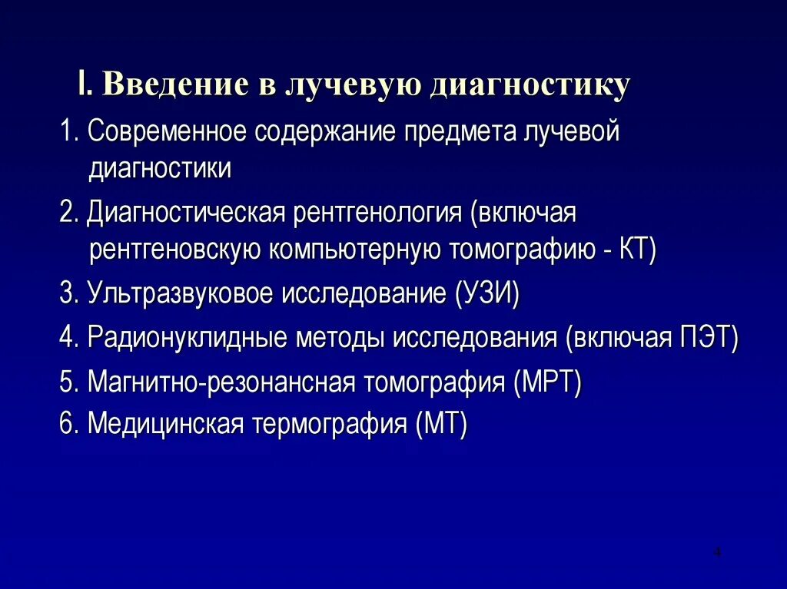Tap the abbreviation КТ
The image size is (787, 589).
tap(636, 250)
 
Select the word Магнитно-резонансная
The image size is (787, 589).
tap(221, 382)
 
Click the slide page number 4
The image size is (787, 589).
tap(717, 552)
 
